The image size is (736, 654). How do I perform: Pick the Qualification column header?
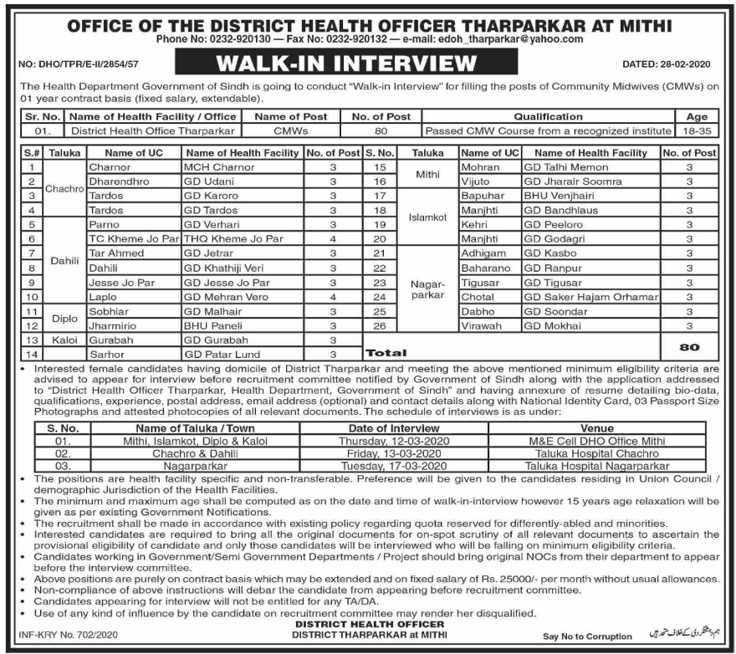pyautogui.click(x=548, y=117)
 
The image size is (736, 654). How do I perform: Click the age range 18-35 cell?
pyautogui.click(x=696, y=130)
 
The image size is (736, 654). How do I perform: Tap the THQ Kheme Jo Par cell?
pyautogui.click(x=233, y=238)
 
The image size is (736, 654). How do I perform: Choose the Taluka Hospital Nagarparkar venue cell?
pyautogui.click(x=596, y=465)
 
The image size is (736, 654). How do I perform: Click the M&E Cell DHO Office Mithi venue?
pyautogui.click(x=596, y=441)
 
